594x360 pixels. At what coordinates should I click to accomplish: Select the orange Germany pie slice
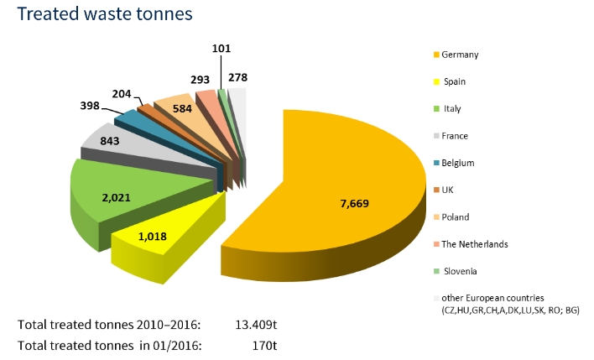click(336, 168)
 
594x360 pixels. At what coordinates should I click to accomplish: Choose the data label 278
click(237, 78)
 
